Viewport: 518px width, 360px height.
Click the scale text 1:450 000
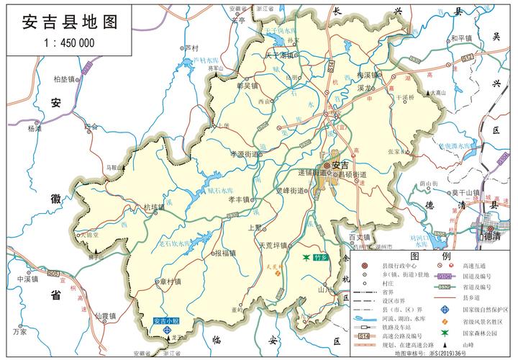point(68,42)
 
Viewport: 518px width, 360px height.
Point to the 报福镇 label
point(224,253)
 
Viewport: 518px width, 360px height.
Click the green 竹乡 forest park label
point(320,257)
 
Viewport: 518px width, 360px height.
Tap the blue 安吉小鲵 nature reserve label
point(166,320)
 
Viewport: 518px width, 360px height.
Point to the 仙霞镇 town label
point(106,315)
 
